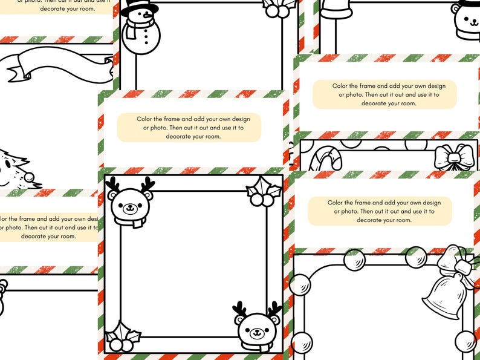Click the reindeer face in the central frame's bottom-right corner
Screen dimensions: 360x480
(258, 327)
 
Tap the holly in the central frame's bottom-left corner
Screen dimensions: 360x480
(122, 336)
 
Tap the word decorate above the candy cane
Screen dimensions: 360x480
(376, 103)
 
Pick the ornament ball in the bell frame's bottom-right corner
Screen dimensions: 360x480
(465, 341)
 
